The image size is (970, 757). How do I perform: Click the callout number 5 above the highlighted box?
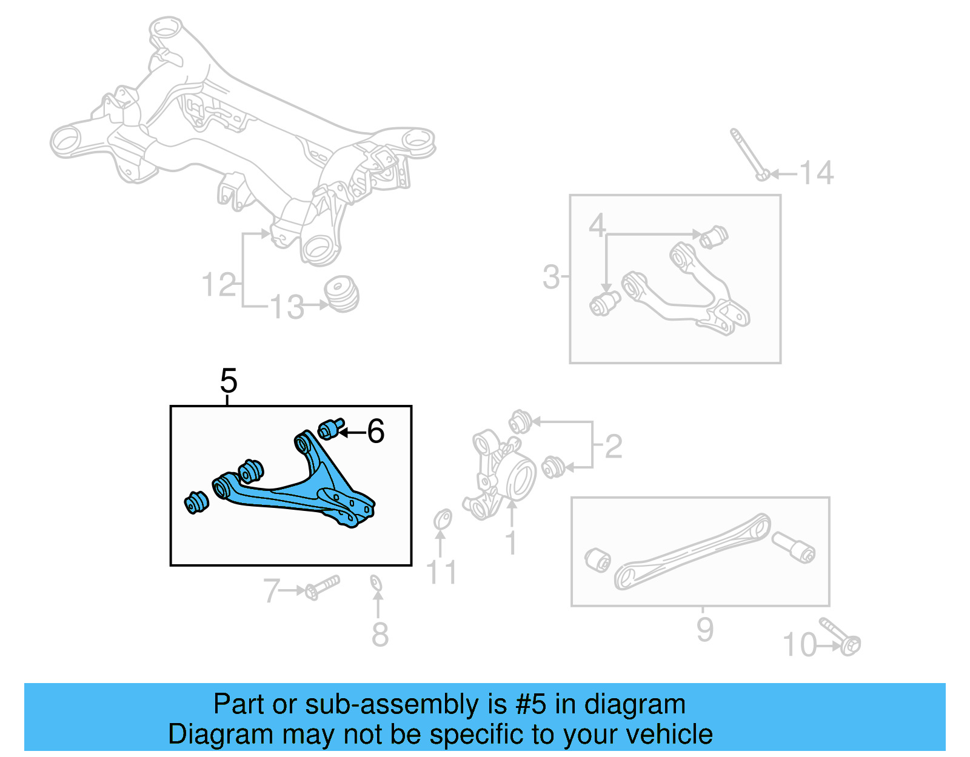pyautogui.click(x=229, y=381)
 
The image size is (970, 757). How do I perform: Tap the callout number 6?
pyautogui.click(x=376, y=432)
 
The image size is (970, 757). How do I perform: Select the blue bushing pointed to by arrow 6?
pyautogui.click(x=330, y=429)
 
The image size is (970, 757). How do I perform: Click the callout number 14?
pyautogui.click(x=817, y=173)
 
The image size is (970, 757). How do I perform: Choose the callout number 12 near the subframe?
pyautogui.click(x=218, y=285)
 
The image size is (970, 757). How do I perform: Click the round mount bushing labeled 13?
pyautogui.click(x=343, y=295)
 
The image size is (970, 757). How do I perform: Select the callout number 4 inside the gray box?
pyautogui.click(x=597, y=225)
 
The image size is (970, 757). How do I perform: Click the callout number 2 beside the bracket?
pyautogui.click(x=614, y=447)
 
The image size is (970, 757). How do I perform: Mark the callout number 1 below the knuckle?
pyautogui.click(x=511, y=542)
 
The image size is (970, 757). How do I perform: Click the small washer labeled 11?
pyautogui.click(x=443, y=520)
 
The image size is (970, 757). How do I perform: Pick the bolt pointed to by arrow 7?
pyautogui.click(x=321, y=587)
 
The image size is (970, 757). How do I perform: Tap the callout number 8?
pyautogui.click(x=380, y=634)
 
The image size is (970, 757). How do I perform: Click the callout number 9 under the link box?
pyautogui.click(x=704, y=629)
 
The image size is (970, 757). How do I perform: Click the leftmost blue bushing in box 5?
pyautogui.click(x=196, y=502)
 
